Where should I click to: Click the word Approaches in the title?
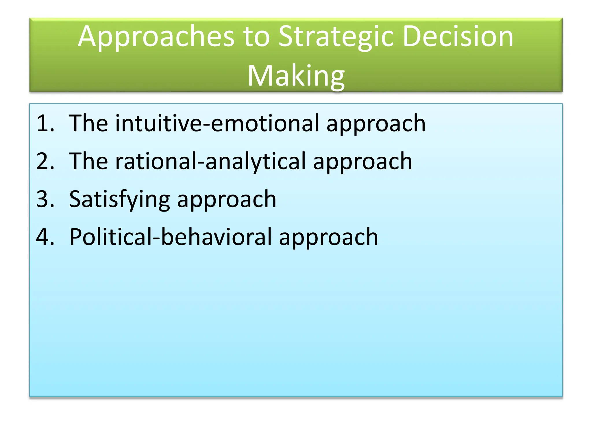coord(156,37)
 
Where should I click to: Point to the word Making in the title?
coord(296,76)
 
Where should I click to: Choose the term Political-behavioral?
coord(171,237)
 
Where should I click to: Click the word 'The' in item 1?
coord(88,124)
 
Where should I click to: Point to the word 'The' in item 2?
coord(88,162)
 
